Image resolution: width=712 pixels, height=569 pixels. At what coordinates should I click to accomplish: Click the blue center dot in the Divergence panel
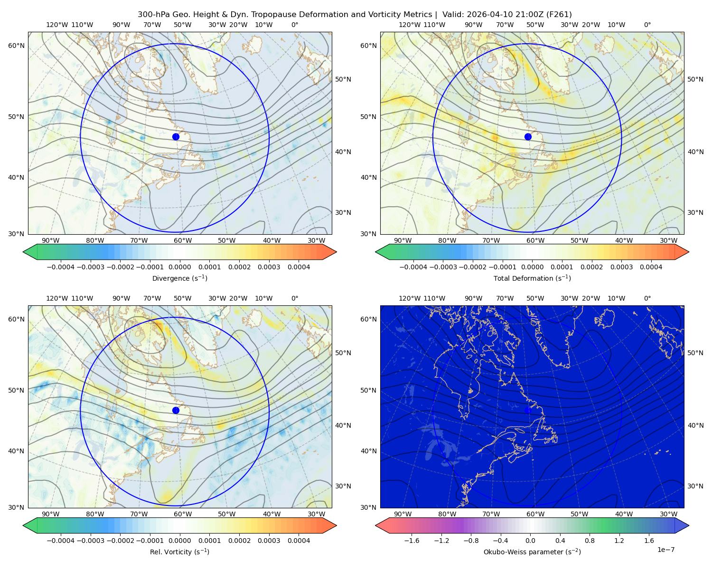click(176, 137)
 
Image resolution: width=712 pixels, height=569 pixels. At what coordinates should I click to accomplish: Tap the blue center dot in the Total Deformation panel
click(528, 137)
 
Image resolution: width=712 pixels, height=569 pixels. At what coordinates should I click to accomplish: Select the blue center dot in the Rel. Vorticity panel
click(176, 410)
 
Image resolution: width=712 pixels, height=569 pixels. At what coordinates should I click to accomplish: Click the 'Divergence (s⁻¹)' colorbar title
click(179, 278)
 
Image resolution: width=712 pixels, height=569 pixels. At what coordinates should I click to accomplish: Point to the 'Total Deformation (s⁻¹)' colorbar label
click(532, 278)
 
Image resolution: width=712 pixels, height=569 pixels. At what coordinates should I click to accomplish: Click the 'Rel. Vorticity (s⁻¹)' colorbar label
click(179, 551)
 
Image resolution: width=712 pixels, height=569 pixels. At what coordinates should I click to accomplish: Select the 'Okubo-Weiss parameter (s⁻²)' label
click(532, 551)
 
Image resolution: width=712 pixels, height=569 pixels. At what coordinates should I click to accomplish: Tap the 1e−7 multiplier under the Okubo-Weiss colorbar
click(665, 550)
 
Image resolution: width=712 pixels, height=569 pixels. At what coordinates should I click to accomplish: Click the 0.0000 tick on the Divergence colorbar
click(179, 267)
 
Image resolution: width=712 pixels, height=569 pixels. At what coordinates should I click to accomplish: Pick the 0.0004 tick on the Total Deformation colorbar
click(651, 267)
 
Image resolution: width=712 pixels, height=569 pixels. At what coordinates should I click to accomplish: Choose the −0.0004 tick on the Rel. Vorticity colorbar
click(61, 541)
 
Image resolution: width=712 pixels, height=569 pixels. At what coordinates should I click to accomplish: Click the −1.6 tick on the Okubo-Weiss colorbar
click(412, 541)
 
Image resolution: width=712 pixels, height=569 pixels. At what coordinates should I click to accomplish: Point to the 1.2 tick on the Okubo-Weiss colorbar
click(619, 541)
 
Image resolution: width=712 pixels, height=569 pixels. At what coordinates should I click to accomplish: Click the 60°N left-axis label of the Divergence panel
click(16, 46)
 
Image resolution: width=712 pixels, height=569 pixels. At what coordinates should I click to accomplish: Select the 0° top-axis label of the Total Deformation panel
click(647, 25)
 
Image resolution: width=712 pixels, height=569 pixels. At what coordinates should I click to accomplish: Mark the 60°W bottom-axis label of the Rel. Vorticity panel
click(183, 514)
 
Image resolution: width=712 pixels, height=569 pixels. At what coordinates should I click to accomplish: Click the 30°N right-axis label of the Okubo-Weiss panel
click(695, 486)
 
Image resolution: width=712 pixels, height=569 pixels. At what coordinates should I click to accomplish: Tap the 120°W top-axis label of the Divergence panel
click(57, 25)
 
